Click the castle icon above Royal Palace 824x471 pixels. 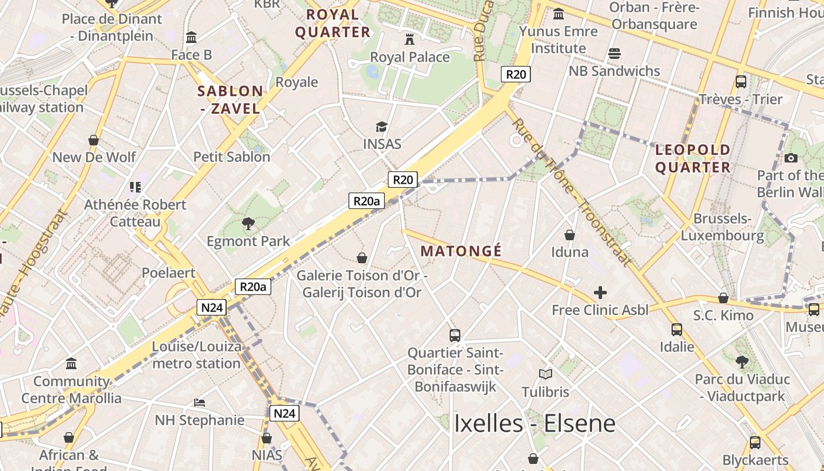point(410,39)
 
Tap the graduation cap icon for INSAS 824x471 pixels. point(382,127)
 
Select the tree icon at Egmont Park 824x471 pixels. point(248,223)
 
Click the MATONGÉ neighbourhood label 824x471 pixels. point(461,251)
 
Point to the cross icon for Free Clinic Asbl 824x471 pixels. point(600,292)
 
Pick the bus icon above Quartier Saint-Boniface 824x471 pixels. point(455,336)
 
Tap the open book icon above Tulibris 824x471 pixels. point(546,374)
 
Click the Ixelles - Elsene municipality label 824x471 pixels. point(534,423)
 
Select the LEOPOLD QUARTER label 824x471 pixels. point(693,158)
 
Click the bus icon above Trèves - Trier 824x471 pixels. point(741,81)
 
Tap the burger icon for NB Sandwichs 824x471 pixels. point(614,54)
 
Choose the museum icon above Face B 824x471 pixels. point(191,38)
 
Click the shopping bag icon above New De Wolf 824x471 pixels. point(94,140)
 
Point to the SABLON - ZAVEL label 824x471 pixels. point(230,99)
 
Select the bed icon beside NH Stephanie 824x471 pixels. point(200,403)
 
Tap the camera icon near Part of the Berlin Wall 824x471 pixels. point(791,158)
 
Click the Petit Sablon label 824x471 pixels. point(232,157)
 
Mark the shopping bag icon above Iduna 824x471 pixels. point(570,235)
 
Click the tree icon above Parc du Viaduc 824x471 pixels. point(742,361)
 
